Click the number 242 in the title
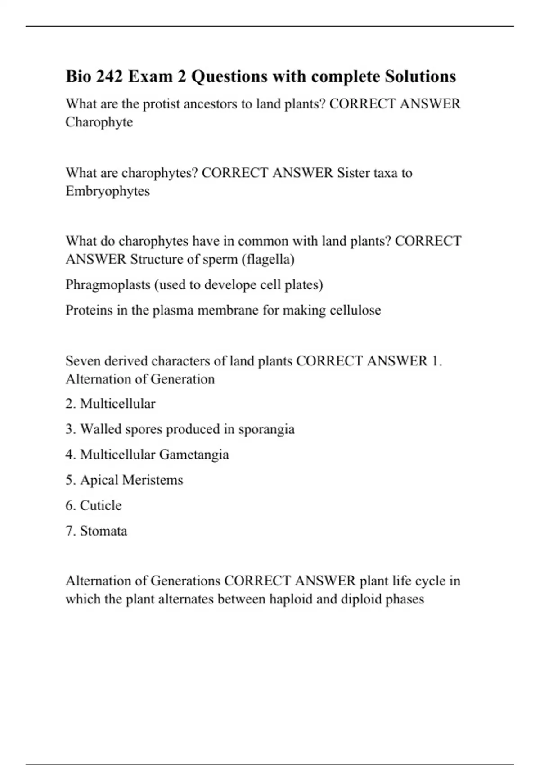click(x=110, y=76)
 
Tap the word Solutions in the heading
click(x=420, y=76)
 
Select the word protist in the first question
click(x=162, y=104)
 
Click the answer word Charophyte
click(x=99, y=122)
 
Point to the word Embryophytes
click(x=108, y=191)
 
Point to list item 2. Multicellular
click(x=110, y=404)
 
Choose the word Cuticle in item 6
click(x=100, y=505)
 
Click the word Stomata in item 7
click(x=103, y=531)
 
